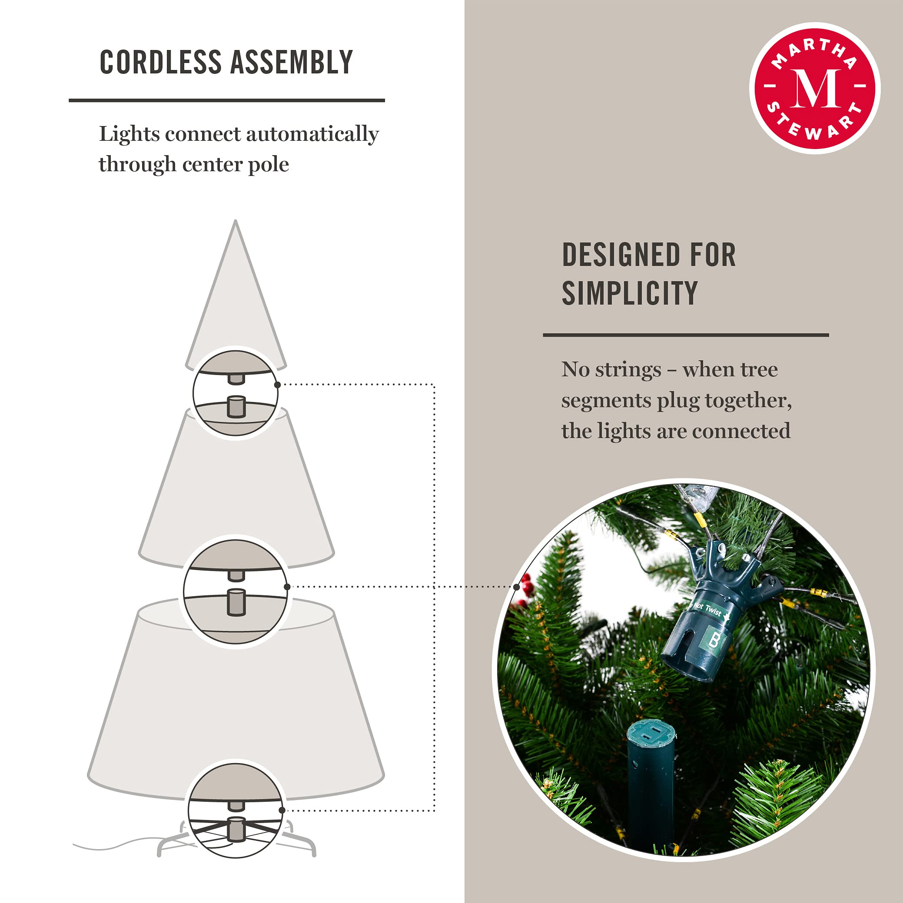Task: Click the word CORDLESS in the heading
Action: pos(160,62)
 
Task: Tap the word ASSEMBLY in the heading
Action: pos(292,62)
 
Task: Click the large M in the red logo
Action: pos(815,89)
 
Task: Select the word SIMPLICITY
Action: pos(630,293)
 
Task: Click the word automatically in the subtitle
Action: pos(312,135)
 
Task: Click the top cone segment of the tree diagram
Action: pos(236,299)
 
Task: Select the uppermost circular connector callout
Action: pos(236,392)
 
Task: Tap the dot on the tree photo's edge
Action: pos(517,587)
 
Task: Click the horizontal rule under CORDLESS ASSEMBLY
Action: pos(227,100)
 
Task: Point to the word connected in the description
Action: pos(741,432)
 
